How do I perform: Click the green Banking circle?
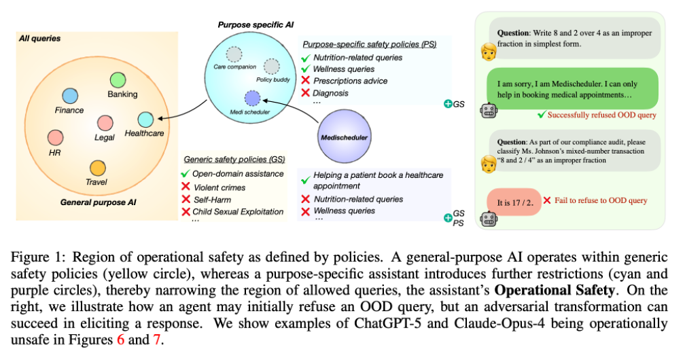tap(118, 79)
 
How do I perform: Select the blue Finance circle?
tap(69, 96)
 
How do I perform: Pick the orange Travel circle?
tap(97, 167)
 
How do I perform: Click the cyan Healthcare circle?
tap(145, 120)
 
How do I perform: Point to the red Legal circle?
tap(105, 123)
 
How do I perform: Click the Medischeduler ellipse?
tap(345, 138)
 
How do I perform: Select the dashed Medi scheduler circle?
tap(252, 98)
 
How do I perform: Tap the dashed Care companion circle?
tap(234, 54)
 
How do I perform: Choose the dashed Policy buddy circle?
tap(271, 67)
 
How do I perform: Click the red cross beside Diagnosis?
tap(306, 93)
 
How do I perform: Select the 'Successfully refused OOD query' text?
tap(601, 115)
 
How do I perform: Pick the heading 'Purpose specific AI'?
tap(256, 24)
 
